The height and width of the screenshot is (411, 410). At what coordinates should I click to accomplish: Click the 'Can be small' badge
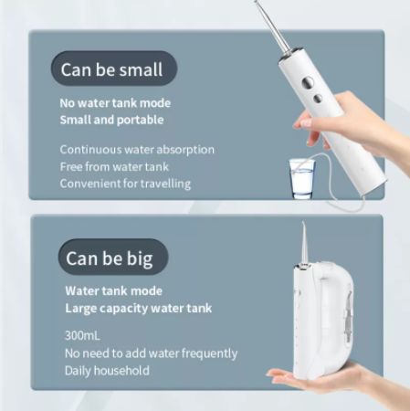(110, 69)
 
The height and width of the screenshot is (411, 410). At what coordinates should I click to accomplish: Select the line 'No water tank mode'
(115, 103)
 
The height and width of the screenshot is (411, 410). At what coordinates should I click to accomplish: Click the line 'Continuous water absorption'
(137, 150)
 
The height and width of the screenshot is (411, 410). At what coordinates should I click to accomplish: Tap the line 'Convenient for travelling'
(125, 184)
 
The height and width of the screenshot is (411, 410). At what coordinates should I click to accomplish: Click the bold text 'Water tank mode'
(113, 290)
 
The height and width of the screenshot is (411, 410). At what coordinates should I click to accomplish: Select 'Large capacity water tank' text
(138, 308)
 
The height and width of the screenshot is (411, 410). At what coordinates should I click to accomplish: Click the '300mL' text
(85, 335)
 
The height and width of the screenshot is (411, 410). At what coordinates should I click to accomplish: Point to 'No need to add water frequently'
(151, 353)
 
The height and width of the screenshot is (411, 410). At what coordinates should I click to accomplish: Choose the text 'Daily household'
(107, 371)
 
